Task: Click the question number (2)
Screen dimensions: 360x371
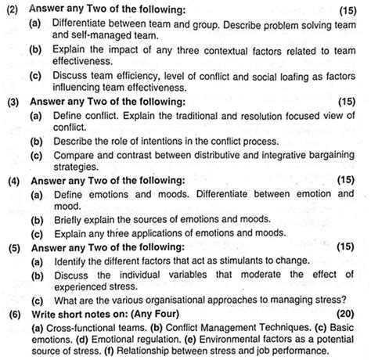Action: point(13,9)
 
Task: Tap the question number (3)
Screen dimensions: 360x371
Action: point(13,102)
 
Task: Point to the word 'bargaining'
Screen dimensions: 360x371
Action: point(330,154)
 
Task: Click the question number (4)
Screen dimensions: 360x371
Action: point(13,181)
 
